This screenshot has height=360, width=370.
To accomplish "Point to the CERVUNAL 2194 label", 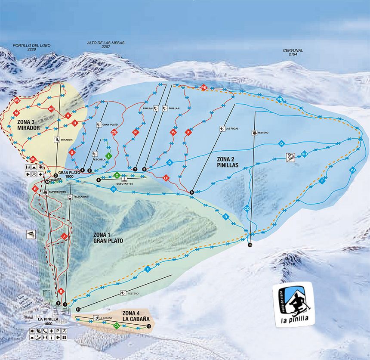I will tap(293, 52).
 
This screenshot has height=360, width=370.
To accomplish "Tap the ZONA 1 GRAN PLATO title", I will tap(108, 238).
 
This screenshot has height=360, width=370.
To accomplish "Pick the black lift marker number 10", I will tap(250, 245).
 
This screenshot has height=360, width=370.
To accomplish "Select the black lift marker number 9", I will tap(191, 192).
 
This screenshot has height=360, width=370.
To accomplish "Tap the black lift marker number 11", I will tap(78, 309).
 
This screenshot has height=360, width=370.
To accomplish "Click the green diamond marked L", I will tap(109, 156).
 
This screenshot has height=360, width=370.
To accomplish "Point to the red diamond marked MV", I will tap(17, 100).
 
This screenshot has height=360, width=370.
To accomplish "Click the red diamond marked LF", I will tap(166, 177).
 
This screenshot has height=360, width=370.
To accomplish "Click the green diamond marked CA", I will tap(116, 326).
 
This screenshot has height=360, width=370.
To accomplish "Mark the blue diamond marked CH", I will tap(304, 154).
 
